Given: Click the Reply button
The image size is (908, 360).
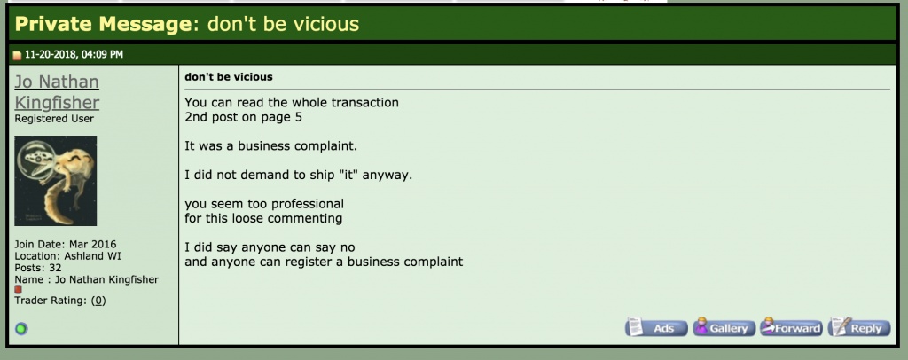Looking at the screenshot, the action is click(859, 327).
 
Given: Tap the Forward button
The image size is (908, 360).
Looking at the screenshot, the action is click(791, 327).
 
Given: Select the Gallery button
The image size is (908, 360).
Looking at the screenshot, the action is click(724, 327).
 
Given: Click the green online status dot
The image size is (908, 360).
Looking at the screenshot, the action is click(21, 329).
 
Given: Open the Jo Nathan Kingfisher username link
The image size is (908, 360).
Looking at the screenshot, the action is click(57, 92).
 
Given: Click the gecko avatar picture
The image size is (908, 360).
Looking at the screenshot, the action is click(56, 181).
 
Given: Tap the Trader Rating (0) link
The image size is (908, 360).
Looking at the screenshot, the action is click(98, 301).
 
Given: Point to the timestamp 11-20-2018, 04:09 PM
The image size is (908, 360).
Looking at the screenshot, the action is click(74, 54).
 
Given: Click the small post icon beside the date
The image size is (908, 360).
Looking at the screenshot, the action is click(17, 56).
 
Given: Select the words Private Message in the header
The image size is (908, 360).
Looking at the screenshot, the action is click(103, 24).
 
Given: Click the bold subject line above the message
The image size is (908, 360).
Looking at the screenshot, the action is click(229, 77).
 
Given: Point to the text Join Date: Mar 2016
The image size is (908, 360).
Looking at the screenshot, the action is click(66, 244).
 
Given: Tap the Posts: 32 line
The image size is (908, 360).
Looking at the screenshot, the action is click(38, 268).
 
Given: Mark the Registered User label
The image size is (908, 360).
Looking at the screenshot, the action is click(54, 119).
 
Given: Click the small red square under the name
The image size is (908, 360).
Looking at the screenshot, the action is click(18, 289).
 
